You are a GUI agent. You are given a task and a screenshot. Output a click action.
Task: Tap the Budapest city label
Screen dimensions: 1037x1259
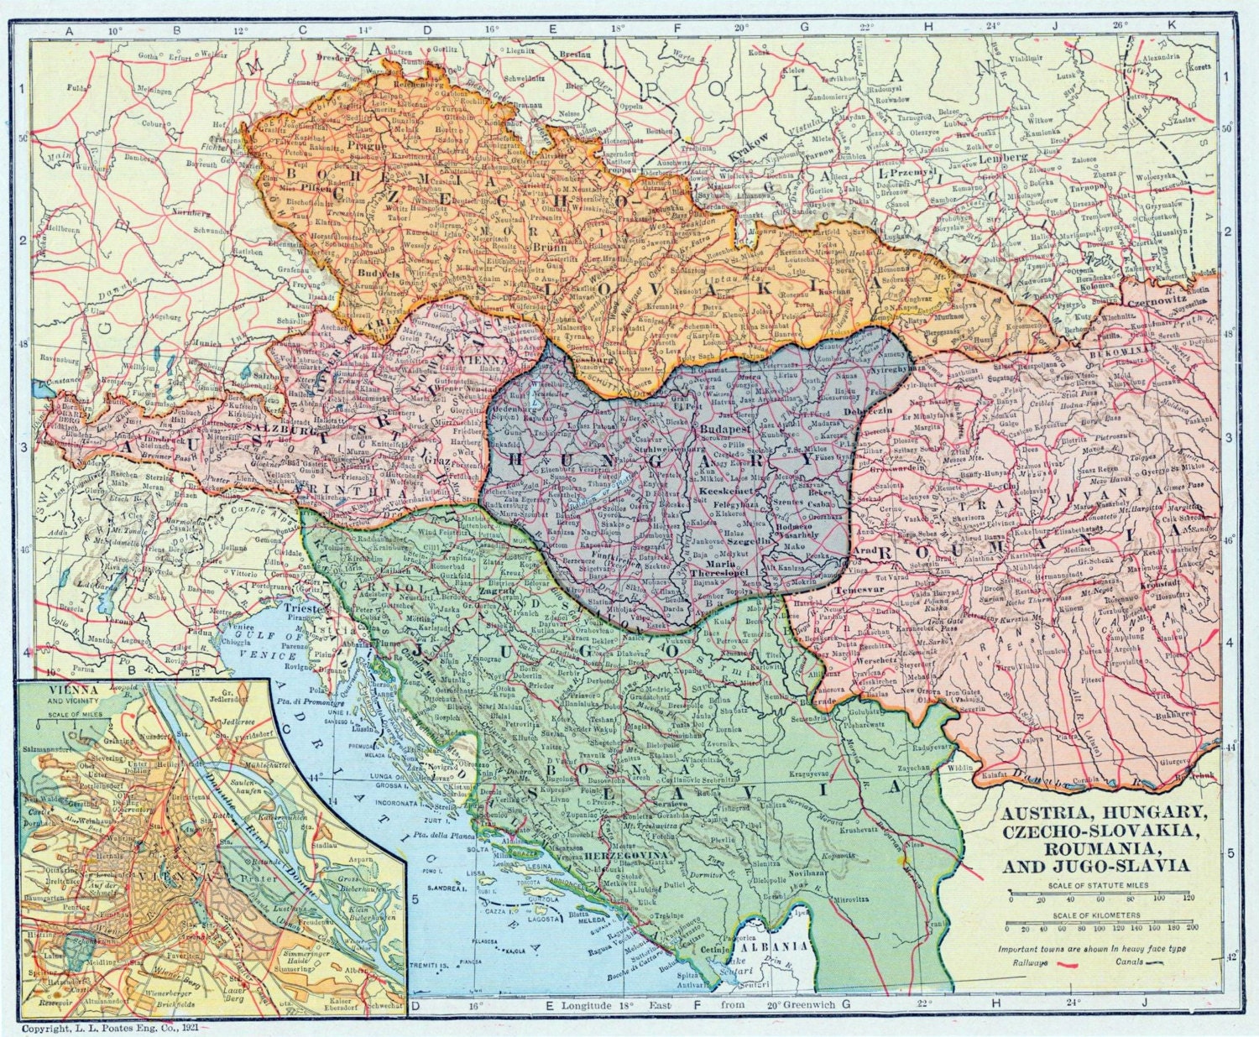tap(722, 428)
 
